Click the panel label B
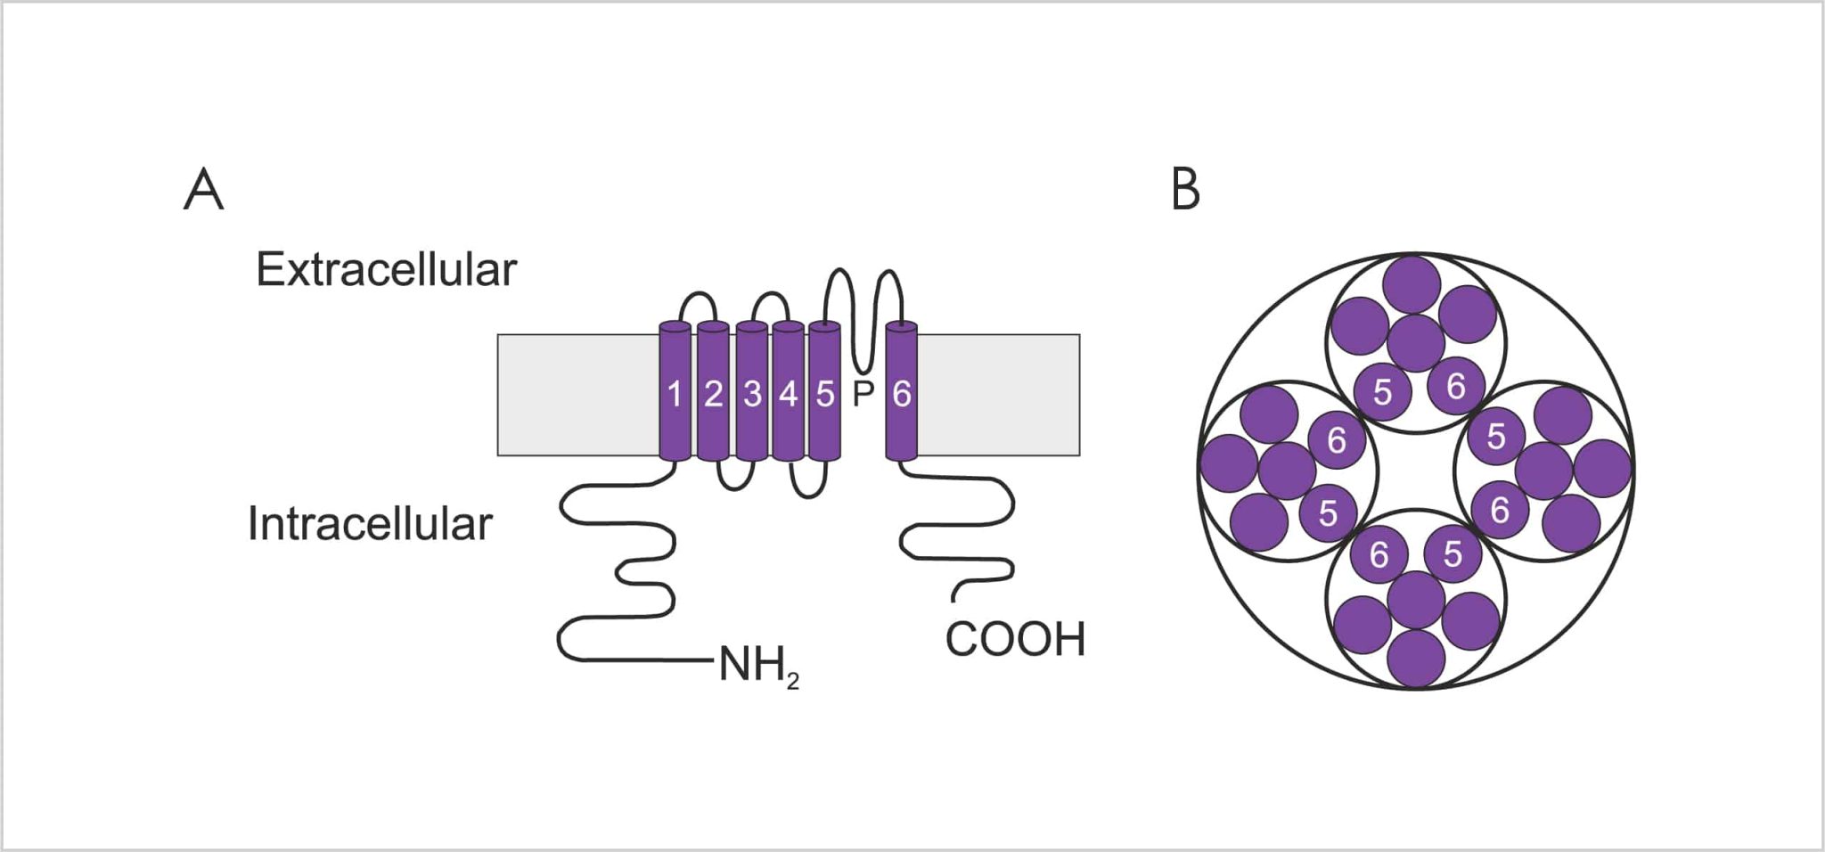1185,190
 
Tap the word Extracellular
386,269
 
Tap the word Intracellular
370,523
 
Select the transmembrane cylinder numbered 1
675,393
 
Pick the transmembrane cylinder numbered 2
713,393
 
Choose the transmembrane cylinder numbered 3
752,393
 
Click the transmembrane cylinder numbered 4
789,393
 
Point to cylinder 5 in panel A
825,393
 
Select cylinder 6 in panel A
902,393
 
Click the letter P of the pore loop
863,393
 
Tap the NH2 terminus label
758,665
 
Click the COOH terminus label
1015,639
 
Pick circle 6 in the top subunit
1455,386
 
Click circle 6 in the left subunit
1337,439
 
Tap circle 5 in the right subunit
1495,436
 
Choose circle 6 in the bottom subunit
1379,554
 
